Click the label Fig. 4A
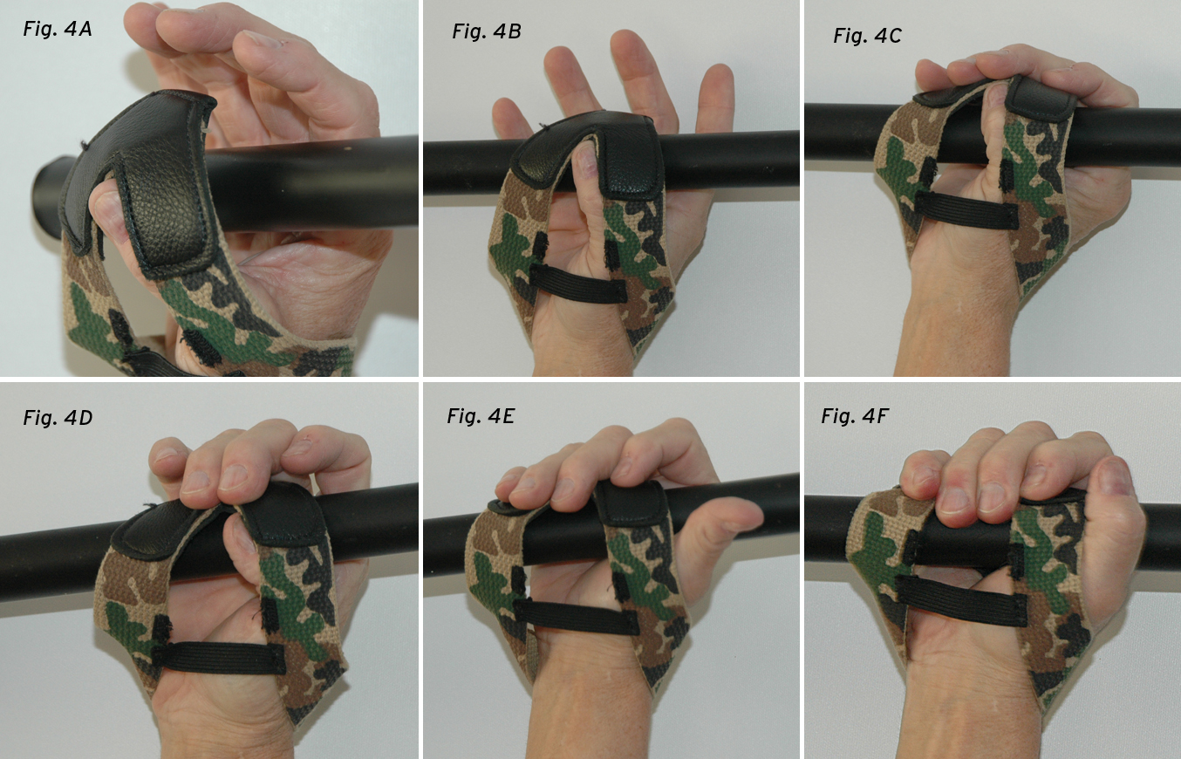[x=58, y=29]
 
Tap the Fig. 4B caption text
[x=487, y=31]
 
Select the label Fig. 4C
[x=867, y=36]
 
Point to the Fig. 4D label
[x=58, y=418]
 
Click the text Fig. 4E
[x=481, y=416]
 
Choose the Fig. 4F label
[x=855, y=416]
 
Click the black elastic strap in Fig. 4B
[x=577, y=284]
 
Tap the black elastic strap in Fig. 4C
[x=966, y=209]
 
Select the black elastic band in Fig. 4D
[x=219, y=657]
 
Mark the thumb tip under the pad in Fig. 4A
[x=106, y=206]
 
